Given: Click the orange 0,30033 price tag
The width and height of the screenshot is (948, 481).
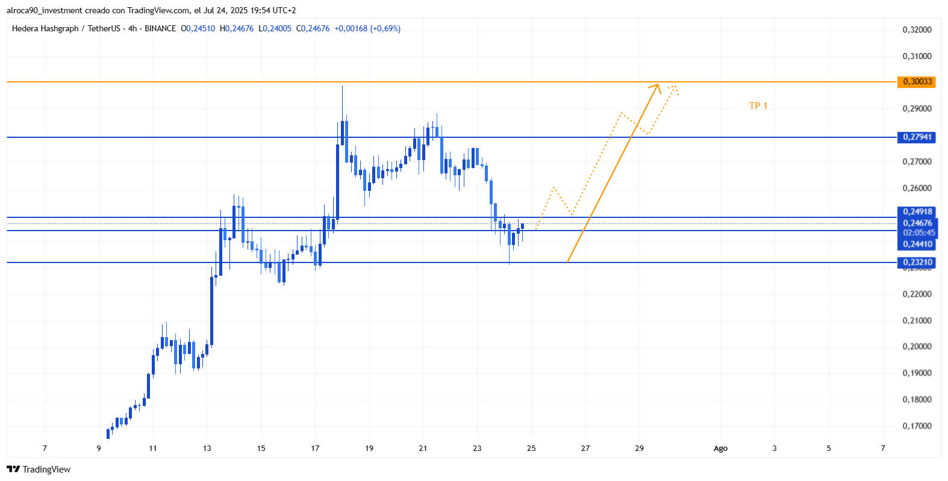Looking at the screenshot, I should point(917,82).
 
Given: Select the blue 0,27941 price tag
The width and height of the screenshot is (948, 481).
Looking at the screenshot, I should point(917,137).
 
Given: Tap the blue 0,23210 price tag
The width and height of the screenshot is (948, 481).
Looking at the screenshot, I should point(917,262).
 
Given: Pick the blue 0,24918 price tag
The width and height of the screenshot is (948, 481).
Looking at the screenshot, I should point(917,212).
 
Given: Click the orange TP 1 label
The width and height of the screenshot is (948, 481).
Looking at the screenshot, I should point(758,106).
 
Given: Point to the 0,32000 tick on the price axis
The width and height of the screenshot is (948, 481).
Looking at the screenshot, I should point(917,29).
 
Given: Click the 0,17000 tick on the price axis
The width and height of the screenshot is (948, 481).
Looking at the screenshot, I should point(917,426).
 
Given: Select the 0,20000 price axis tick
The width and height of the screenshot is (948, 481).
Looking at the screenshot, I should point(917,347).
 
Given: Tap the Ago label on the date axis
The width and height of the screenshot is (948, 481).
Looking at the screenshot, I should point(720,448).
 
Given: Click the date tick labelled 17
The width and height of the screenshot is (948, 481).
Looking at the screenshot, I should point(315,448).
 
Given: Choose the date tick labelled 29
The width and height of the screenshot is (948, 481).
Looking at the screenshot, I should point(639,448).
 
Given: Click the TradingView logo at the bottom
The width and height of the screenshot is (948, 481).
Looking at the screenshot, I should point(39,470).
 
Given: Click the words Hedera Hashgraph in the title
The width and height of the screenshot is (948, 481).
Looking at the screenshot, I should point(45,29).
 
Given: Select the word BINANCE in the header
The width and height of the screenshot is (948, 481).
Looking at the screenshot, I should point(160,29).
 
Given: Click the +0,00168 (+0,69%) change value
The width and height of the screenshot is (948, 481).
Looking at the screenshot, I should point(367,29).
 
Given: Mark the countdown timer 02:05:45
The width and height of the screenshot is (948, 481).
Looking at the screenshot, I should point(918,233).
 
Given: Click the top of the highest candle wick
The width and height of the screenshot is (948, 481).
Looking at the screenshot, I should point(342,86).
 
